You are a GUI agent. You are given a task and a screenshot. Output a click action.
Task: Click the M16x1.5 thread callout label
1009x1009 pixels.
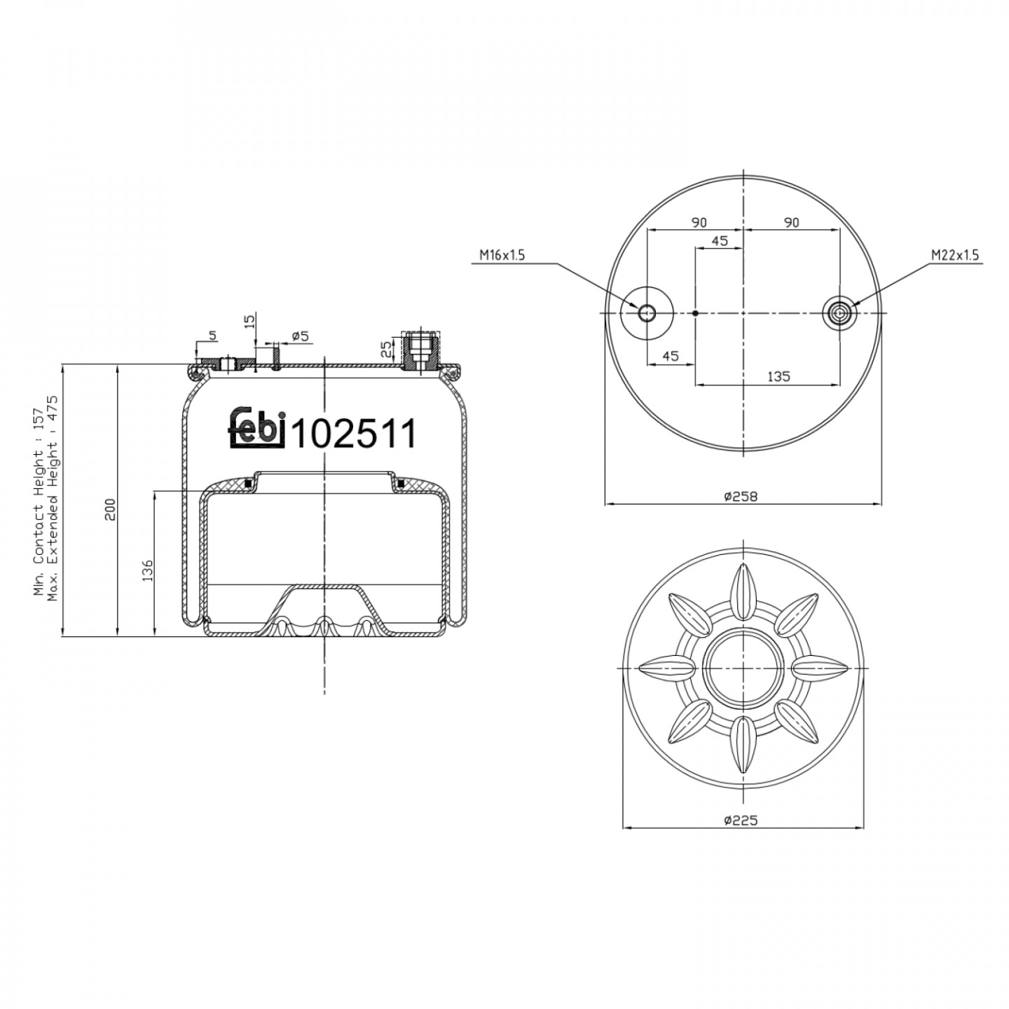[502, 255]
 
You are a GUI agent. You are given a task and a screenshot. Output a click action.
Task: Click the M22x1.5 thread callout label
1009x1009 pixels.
[954, 255]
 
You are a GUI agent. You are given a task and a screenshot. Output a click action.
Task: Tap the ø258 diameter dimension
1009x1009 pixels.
[741, 496]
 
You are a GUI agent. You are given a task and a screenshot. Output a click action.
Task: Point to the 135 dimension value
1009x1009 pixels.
[778, 376]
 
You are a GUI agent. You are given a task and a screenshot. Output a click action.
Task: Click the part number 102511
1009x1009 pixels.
[355, 434]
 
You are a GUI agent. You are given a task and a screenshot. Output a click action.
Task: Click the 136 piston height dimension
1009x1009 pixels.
[147, 571]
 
